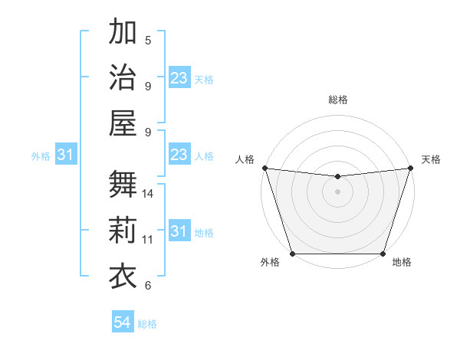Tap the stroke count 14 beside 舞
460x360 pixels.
tap(148, 194)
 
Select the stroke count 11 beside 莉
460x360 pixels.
tap(148, 240)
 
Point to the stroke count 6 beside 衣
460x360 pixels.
tap(148, 286)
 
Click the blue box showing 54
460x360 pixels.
tap(123, 322)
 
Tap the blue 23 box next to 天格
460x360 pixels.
tap(179, 78)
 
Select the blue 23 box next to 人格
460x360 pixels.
tap(179, 155)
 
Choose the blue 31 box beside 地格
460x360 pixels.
tap(179, 231)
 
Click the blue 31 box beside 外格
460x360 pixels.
tap(66, 155)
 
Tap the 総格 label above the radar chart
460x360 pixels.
tap(337, 100)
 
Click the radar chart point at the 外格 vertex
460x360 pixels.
tap(292, 254)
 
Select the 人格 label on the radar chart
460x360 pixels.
tap(245, 159)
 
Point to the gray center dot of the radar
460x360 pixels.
tap(337, 191)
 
